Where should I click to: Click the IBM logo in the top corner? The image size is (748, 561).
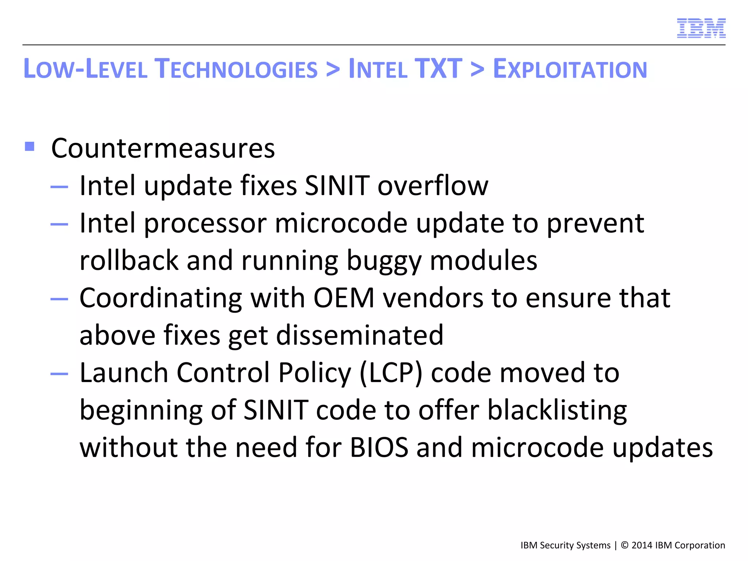click(701, 28)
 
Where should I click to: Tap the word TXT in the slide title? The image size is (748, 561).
click(438, 69)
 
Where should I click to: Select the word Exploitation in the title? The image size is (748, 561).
click(570, 69)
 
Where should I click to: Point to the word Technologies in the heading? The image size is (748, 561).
click(236, 69)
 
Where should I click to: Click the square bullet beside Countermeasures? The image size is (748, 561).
click(30, 146)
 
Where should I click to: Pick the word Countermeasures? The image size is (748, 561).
click(163, 149)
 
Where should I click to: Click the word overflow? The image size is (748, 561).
click(433, 186)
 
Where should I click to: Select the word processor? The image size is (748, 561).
click(206, 224)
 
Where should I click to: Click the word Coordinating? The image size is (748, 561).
click(161, 298)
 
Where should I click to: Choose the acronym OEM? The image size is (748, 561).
click(344, 298)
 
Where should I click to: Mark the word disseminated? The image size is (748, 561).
click(360, 335)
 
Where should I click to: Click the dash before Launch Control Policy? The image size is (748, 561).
click(59, 374)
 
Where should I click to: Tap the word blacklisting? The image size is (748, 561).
click(557, 411)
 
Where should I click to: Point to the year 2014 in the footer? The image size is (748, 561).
click(642, 545)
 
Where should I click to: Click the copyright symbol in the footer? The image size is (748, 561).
click(625, 545)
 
